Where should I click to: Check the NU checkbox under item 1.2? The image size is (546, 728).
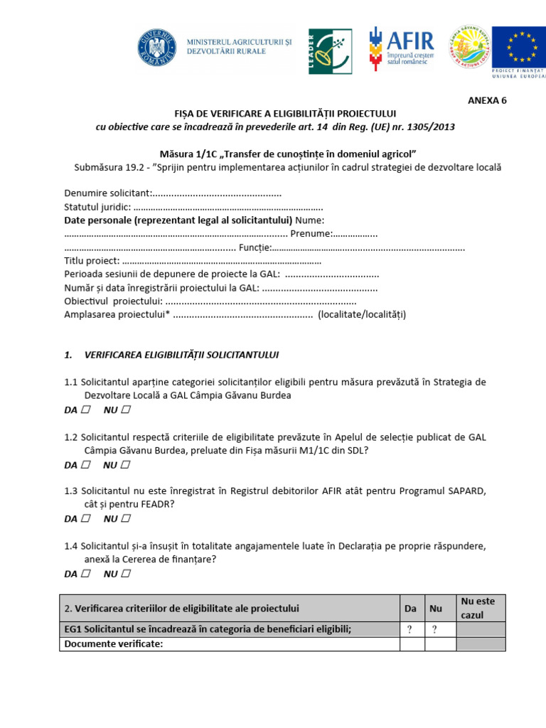(x=126, y=465)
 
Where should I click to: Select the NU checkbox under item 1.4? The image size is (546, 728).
(x=126, y=573)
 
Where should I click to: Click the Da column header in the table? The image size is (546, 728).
(x=410, y=609)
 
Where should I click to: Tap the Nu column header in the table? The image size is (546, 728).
(x=436, y=609)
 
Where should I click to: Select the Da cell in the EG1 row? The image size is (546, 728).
(x=410, y=628)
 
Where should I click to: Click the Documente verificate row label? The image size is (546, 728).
(x=114, y=644)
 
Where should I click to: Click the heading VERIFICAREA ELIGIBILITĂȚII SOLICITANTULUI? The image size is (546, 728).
(x=181, y=354)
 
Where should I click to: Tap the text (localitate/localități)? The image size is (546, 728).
(x=362, y=315)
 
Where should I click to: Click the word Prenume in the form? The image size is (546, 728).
(x=311, y=234)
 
